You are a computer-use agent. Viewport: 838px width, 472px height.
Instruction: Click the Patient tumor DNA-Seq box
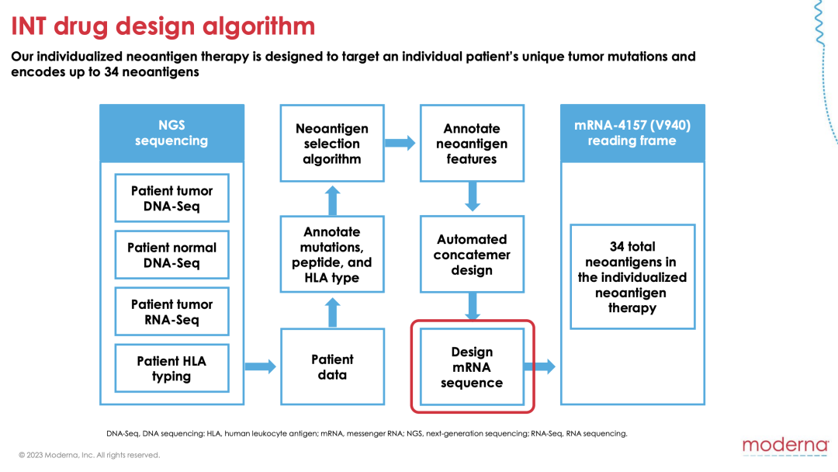(171, 198)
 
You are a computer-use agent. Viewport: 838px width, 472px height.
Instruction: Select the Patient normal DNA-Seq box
(171, 255)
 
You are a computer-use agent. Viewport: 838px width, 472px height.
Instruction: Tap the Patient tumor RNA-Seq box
(171, 311)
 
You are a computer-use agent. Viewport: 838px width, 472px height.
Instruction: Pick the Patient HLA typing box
(171, 368)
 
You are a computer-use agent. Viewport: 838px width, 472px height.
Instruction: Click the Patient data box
(332, 366)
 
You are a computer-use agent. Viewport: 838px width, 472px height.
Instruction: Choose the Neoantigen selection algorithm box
(332, 144)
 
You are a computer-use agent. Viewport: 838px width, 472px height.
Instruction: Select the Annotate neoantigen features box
(472, 144)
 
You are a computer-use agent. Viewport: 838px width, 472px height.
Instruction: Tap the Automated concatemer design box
(472, 255)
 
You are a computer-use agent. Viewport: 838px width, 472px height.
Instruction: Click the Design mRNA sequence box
(472, 366)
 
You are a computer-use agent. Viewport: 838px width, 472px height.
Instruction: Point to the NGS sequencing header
(171, 133)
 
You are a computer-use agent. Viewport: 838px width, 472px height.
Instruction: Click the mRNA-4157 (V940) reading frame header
(632, 133)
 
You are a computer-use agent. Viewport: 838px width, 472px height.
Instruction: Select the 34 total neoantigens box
(632, 277)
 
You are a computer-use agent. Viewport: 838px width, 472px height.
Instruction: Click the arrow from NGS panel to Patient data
(261, 366)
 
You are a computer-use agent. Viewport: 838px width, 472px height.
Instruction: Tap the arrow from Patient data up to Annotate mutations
(332, 312)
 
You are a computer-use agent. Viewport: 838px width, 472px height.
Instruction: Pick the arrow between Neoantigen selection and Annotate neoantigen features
(400, 143)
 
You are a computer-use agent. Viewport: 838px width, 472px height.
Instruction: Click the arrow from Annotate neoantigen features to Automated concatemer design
(473, 196)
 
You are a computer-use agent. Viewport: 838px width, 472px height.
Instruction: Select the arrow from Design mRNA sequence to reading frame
(540, 366)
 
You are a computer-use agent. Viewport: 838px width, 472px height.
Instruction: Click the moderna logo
(785, 446)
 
